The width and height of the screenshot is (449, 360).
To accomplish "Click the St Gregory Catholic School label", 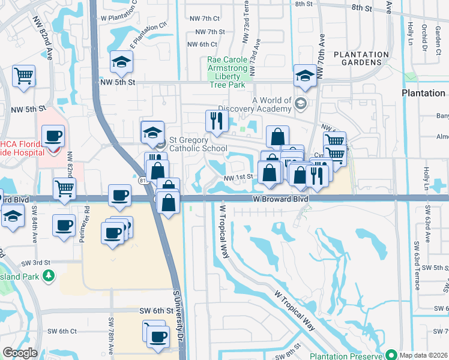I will (x=197, y=144).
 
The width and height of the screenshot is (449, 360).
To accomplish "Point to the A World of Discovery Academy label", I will (x=272, y=104).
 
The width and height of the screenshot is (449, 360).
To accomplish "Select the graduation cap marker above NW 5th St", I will (x=121, y=62).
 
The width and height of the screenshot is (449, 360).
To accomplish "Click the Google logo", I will (x=20, y=353).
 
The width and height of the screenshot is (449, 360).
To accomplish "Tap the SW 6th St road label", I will (x=156, y=311).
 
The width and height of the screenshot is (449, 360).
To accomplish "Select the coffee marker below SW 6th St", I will (x=157, y=337).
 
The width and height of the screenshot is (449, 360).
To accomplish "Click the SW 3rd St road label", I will (x=35, y=263).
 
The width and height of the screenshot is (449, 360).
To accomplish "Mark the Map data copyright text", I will (x=423, y=355).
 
